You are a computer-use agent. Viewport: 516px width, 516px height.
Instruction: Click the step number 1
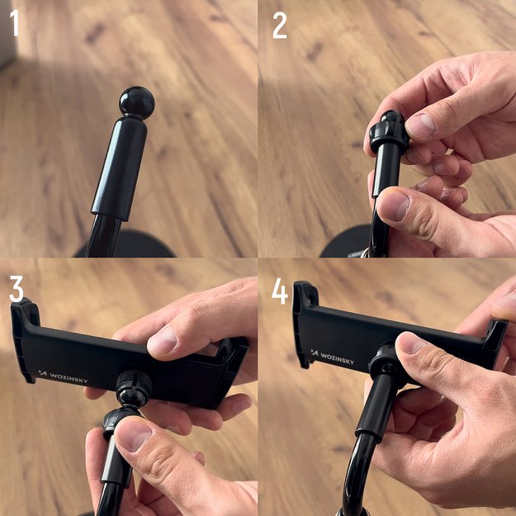(14, 25)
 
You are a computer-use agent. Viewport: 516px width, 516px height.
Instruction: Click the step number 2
(280, 26)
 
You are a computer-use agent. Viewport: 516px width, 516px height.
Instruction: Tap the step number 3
(17, 288)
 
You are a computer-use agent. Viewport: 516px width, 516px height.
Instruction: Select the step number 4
(281, 290)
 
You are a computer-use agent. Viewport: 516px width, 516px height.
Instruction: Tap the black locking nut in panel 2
(389, 132)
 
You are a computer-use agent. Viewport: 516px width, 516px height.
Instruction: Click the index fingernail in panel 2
(420, 125)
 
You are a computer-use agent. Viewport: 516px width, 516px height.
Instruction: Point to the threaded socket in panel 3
(132, 388)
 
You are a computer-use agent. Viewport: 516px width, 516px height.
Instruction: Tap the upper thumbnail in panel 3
(162, 340)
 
